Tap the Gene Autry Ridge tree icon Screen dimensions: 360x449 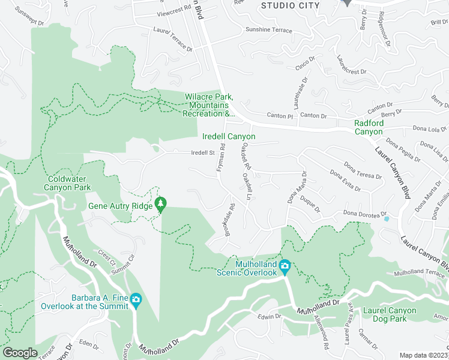click(161, 205)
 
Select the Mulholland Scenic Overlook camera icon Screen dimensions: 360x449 click(285, 265)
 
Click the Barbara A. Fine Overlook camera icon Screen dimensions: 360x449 click(136, 299)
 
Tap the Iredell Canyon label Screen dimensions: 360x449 click(228, 137)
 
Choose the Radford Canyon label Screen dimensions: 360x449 click(368, 127)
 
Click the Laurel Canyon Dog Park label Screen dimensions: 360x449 click(393, 314)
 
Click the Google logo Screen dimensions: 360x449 click(20, 353)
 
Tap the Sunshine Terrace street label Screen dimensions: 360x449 click(268, 31)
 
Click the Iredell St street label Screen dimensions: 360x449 click(203, 153)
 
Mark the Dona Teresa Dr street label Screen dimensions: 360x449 click(363, 170)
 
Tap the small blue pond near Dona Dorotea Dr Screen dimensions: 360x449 click(385, 218)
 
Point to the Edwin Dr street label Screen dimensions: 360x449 click(270, 316)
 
